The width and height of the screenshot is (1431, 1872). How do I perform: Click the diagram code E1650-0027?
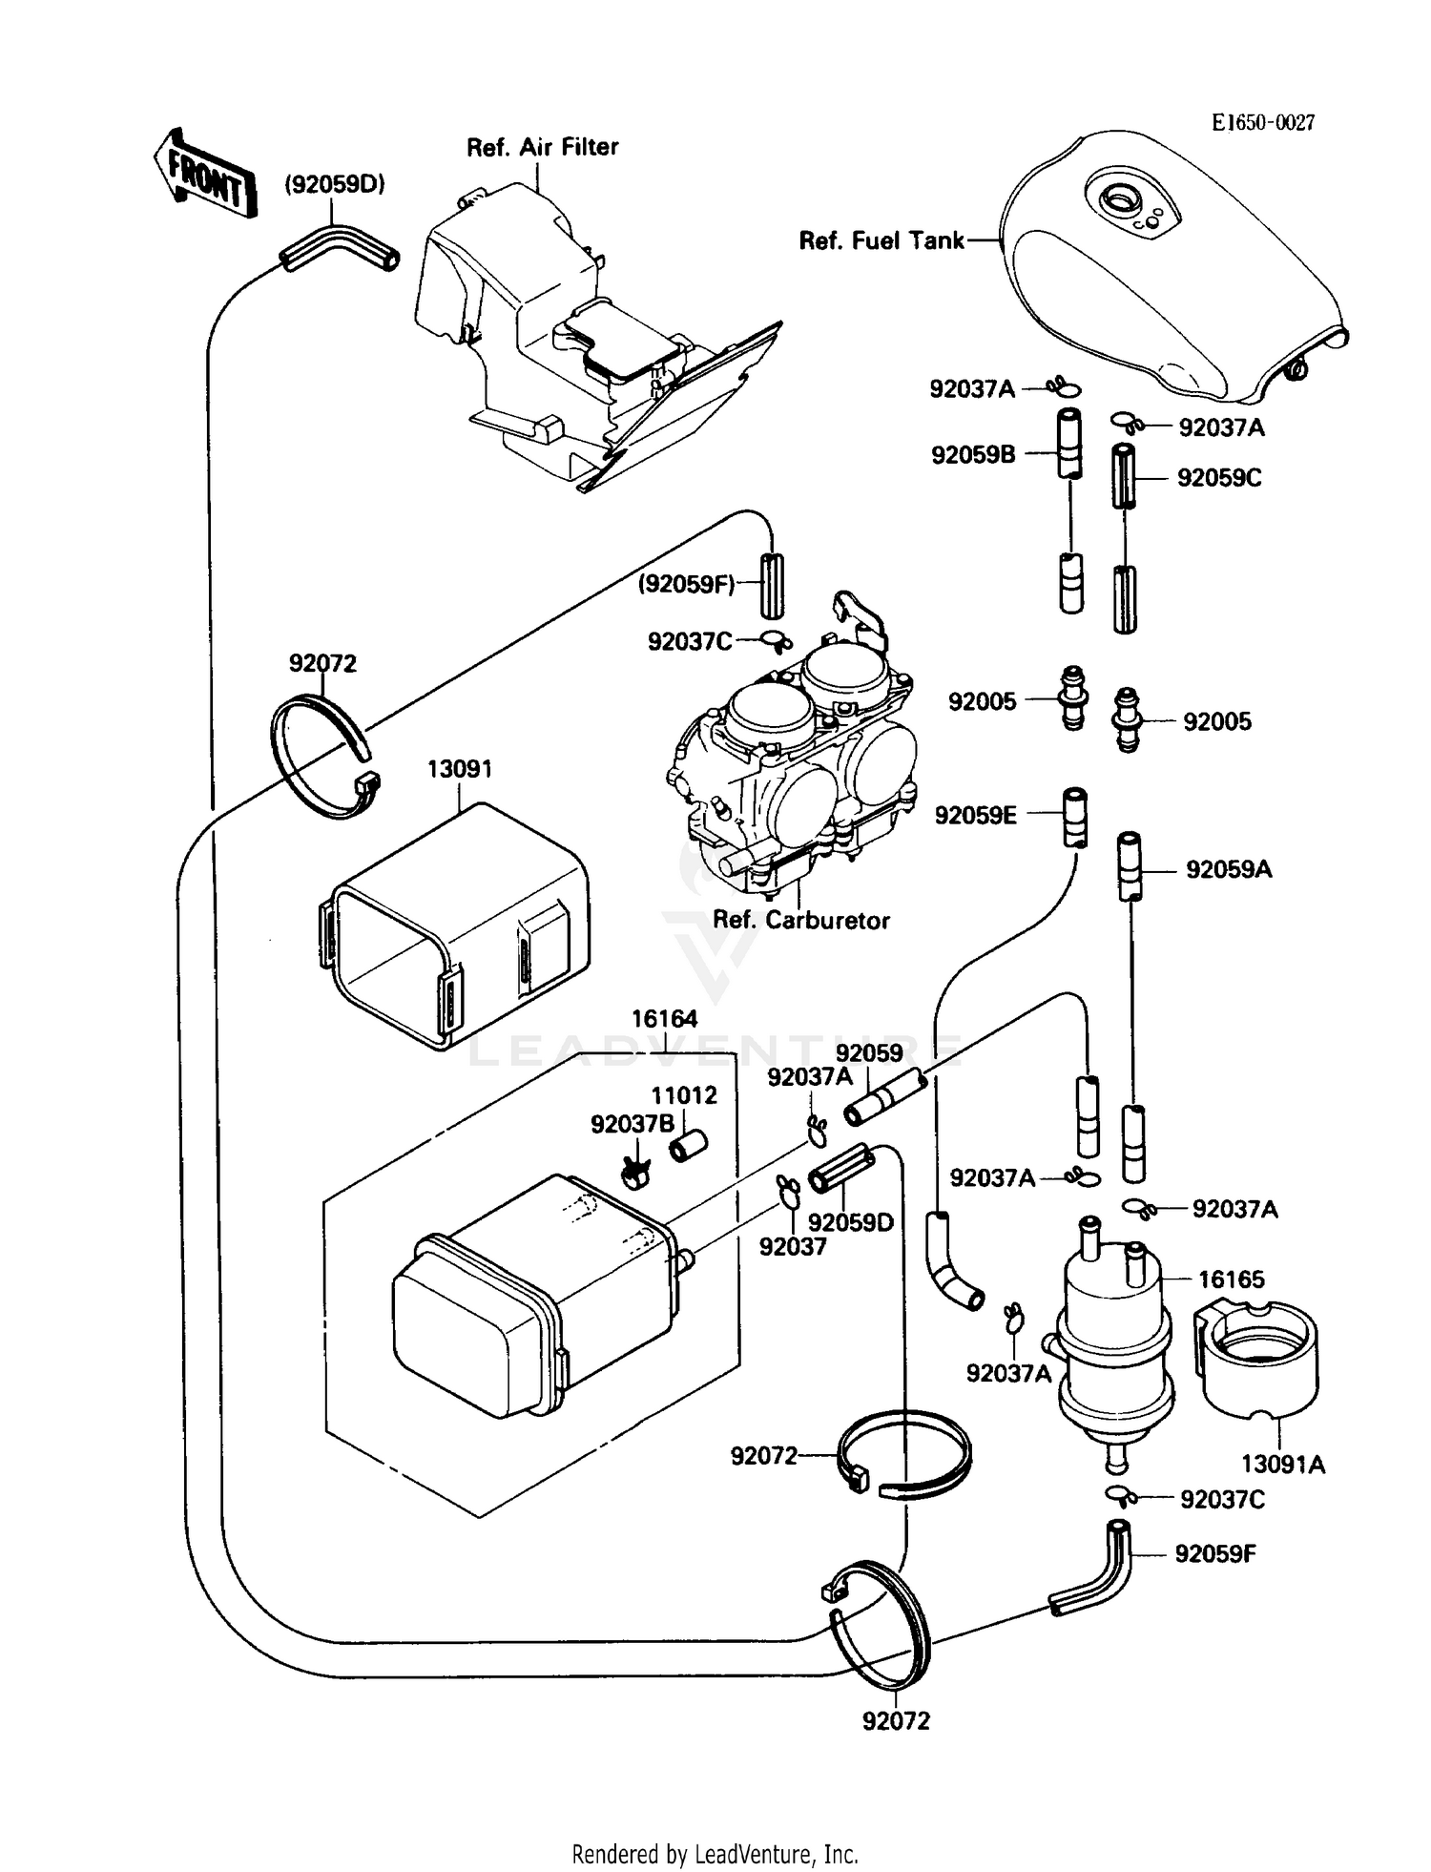tap(1262, 122)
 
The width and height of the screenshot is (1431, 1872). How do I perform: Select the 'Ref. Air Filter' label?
tap(542, 147)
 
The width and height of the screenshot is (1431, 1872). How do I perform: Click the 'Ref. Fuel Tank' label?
tap(881, 240)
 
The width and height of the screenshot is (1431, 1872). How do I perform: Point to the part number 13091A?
tap(1282, 1464)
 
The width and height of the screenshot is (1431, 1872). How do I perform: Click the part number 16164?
tap(664, 1019)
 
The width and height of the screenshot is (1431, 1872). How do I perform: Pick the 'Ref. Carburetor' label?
tap(800, 920)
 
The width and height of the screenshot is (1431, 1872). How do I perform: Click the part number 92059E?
tap(975, 815)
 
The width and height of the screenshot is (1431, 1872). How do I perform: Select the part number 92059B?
tap(973, 455)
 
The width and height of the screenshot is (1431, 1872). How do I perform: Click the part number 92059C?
tap(1218, 478)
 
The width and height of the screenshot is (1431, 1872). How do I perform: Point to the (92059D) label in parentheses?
tap(334, 184)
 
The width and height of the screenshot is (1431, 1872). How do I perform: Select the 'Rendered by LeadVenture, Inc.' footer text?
tap(715, 1854)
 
